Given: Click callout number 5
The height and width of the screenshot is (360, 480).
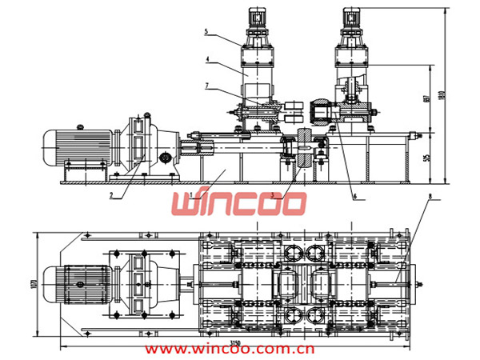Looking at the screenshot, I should (206, 31).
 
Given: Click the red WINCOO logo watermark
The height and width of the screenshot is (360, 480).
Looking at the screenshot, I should (238, 202).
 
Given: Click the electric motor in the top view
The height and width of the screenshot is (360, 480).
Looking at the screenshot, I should (76, 281).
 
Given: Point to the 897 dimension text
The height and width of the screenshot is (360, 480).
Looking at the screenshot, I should (429, 99).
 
